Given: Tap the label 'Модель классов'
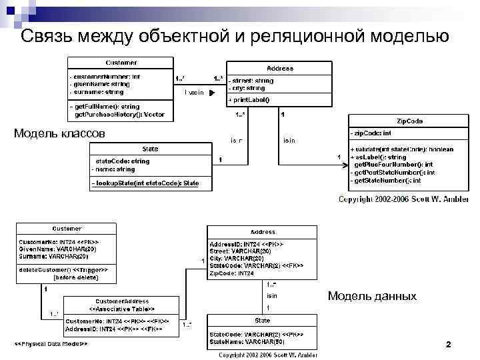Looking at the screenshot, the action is click(59, 133).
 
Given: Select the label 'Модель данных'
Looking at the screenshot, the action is click(371, 295).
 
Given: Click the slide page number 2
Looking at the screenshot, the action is click(448, 344).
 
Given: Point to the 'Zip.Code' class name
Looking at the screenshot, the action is click(409, 121).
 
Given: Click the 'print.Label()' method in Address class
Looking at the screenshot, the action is click(249, 100).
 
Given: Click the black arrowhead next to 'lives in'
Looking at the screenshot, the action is click(211, 93).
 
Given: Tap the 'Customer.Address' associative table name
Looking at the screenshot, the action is click(122, 301).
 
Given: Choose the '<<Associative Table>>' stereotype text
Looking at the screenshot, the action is click(122, 309).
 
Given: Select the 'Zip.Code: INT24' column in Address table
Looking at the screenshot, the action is click(232, 273).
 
